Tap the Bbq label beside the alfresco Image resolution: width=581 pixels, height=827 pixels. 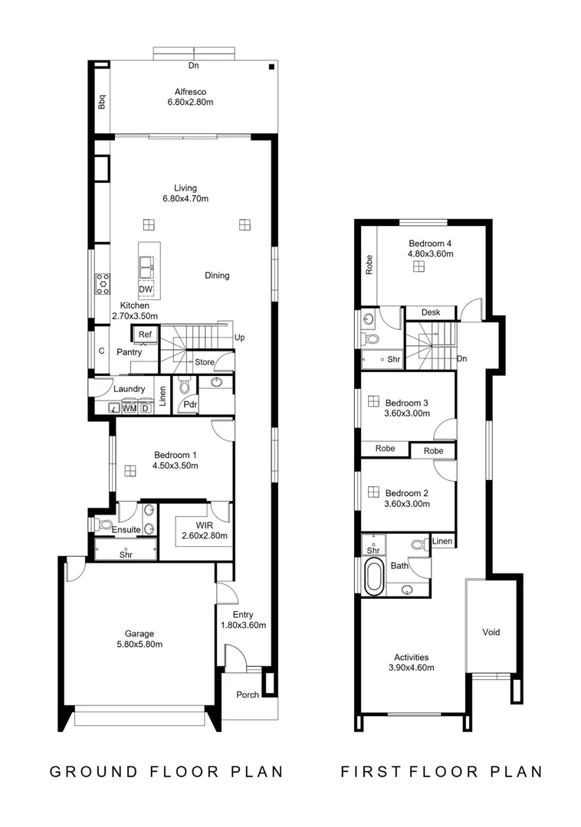(101, 103)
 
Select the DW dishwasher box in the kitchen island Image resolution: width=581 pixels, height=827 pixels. (146, 289)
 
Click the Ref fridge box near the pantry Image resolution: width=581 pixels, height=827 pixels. (144, 335)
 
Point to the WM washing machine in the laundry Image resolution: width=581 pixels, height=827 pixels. (130, 408)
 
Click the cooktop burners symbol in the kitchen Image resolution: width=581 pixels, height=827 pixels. (101, 285)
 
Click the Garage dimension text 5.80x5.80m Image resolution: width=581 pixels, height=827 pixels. (140, 644)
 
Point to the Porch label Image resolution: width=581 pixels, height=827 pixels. (247, 695)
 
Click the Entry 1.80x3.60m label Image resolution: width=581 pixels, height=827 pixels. (243, 619)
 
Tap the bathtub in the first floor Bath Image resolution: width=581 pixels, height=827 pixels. (373, 577)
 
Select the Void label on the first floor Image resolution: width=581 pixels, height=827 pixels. (491, 632)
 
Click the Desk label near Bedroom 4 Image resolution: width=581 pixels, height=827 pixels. (430, 312)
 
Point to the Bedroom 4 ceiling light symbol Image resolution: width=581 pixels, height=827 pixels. (419, 266)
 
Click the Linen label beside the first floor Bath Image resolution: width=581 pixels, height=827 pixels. (441, 541)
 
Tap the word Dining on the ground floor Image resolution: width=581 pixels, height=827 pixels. (217, 276)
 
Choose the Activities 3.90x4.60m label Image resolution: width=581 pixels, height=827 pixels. (411, 662)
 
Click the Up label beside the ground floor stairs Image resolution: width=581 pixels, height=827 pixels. (240, 337)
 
